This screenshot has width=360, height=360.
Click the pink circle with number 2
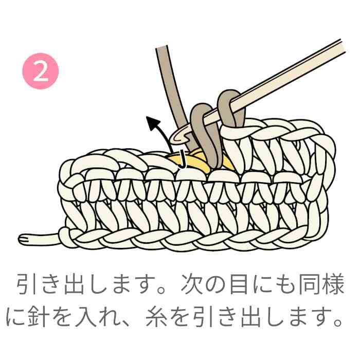pos(41,71)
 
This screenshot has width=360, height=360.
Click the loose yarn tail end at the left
pos(20,239)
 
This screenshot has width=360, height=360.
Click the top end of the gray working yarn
pos(161,47)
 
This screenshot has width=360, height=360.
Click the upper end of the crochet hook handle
pos(343,46)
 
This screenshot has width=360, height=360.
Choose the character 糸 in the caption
pos(156,316)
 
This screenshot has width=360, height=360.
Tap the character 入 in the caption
pos(85,316)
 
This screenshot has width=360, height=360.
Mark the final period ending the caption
pos(338,322)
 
